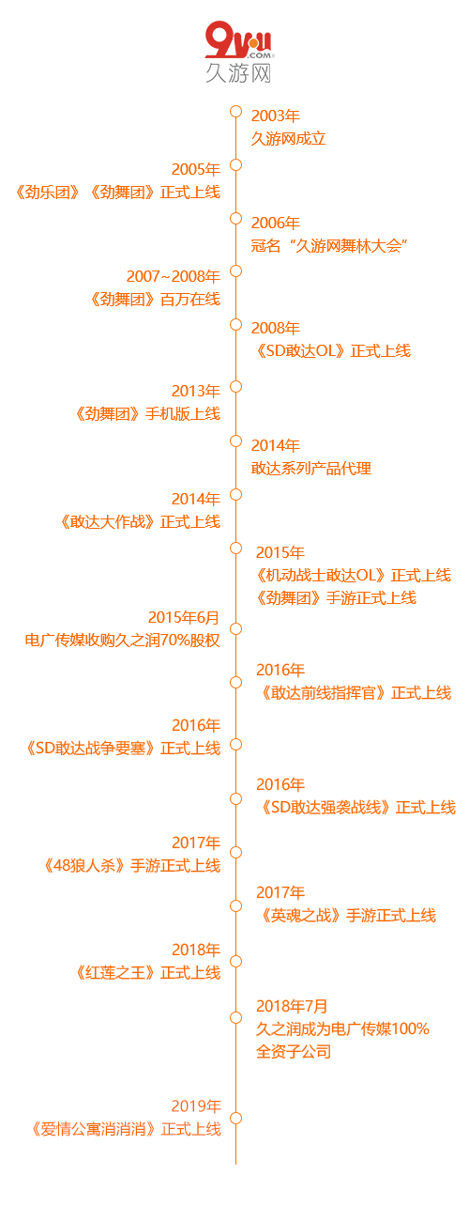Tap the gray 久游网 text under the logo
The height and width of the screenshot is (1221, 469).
click(238, 72)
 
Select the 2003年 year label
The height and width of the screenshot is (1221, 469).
click(276, 116)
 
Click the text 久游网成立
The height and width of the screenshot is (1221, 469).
click(288, 139)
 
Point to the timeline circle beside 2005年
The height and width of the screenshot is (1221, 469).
click(235, 164)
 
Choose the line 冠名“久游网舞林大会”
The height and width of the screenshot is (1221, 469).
click(329, 246)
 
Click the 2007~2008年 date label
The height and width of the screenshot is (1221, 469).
click(173, 276)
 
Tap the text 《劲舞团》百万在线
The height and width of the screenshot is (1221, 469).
click(155, 300)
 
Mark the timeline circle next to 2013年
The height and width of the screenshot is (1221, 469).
click(235, 386)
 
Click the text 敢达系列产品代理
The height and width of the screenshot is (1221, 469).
click(311, 469)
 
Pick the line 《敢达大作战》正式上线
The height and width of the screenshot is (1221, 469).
click(141, 521)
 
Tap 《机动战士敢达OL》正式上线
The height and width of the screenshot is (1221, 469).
click(354, 575)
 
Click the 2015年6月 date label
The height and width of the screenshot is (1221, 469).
click(183, 617)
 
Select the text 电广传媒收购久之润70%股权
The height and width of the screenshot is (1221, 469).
click(123, 640)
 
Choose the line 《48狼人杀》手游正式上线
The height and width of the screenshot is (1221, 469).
click(132, 866)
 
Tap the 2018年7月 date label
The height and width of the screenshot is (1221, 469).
click(292, 1006)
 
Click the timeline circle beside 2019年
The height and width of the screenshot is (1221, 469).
click(235, 1118)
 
